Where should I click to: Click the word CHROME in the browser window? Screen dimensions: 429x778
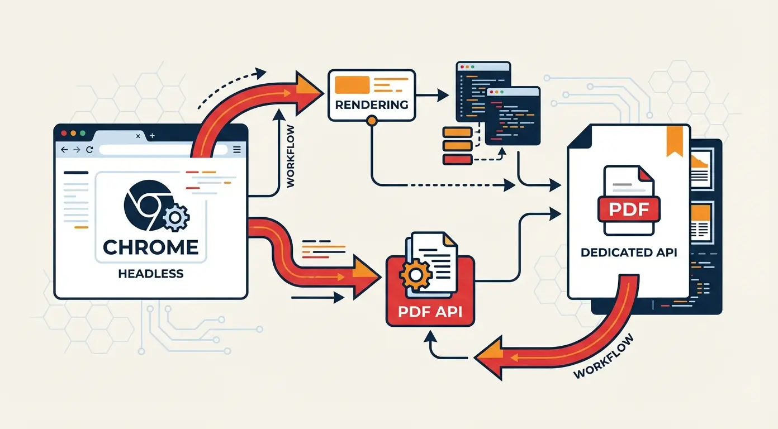click(x=151, y=247)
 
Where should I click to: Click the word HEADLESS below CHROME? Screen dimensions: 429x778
click(x=151, y=274)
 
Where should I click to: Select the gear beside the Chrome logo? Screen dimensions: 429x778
click(x=176, y=217)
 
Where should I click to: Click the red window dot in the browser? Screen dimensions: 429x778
click(x=64, y=134)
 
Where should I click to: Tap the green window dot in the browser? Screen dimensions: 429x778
click(x=82, y=134)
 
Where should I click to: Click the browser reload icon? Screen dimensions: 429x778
click(x=89, y=150)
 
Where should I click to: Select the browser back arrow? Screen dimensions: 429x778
click(x=64, y=150)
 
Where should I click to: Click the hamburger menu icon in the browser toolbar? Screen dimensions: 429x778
click(x=236, y=150)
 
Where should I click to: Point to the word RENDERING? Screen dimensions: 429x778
click(x=372, y=104)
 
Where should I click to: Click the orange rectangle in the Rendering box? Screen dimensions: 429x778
click(x=352, y=84)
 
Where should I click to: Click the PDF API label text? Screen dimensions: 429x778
click(x=430, y=311)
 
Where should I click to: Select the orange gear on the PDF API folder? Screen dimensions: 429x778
click(x=414, y=274)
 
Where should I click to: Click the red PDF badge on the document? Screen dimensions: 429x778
click(x=629, y=209)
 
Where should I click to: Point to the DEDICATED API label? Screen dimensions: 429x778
click(x=629, y=252)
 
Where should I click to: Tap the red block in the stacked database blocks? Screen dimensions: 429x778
click(x=457, y=159)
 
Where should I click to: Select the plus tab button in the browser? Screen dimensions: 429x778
click(x=153, y=136)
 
